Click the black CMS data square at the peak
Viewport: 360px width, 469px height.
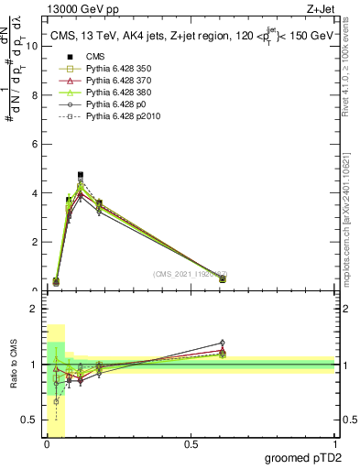(81, 175)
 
